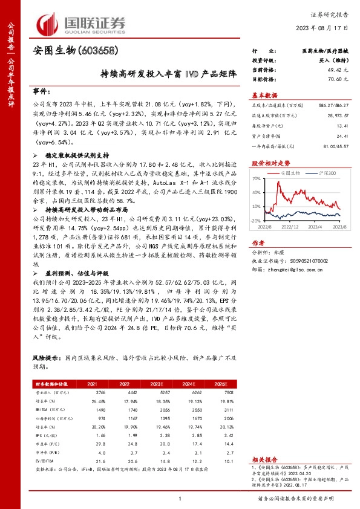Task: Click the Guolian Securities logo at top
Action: (81, 22)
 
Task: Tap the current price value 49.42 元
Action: (336, 70)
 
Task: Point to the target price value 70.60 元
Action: (336, 79)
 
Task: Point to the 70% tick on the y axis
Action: (256, 178)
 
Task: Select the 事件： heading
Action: (41, 91)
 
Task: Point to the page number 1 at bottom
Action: (180, 498)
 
